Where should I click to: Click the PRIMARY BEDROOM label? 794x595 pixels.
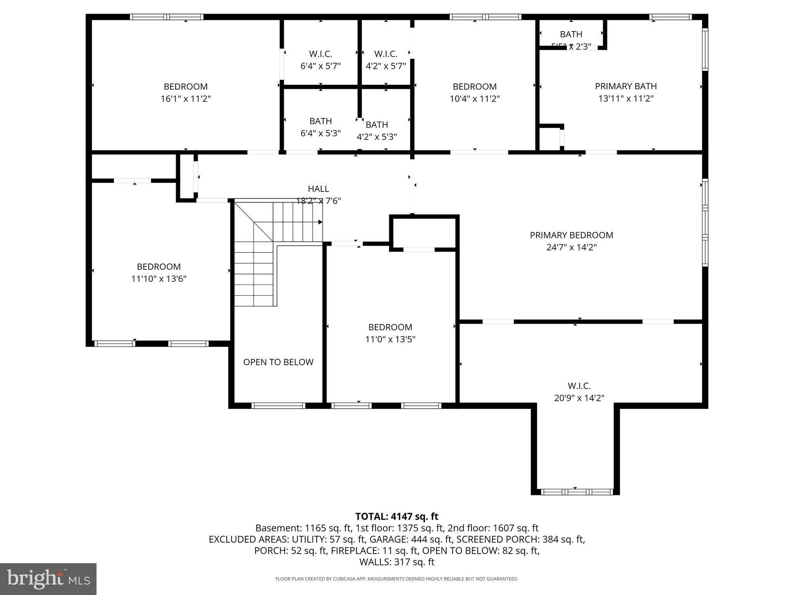pyautogui.click(x=571, y=235)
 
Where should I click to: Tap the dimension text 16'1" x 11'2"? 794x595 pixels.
pyautogui.click(x=186, y=99)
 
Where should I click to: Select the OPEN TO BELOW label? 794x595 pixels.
pyautogui.click(x=278, y=362)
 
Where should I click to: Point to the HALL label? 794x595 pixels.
pyautogui.click(x=318, y=189)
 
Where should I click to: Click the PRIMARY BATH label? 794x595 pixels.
pyautogui.click(x=626, y=86)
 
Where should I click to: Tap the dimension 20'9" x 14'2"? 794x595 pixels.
pyautogui.click(x=579, y=398)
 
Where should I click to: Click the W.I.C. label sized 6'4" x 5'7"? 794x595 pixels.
pyautogui.click(x=320, y=54)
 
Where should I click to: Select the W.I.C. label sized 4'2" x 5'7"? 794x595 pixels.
pyautogui.click(x=385, y=54)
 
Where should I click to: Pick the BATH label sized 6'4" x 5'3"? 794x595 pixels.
pyautogui.click(x=320, y=121)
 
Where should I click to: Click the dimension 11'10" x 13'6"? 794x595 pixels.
pyautogui.click(x=159, y=279)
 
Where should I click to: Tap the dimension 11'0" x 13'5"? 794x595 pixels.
pyautogui.click(x=390, y=339)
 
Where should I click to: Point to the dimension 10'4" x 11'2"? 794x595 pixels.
pyautogui.click(x=475, y=99)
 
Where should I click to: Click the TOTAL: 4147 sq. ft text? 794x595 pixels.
pyautogui.click(x=397, y=516)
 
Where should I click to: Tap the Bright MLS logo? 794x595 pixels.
pyautogui.click(x=48, y=579)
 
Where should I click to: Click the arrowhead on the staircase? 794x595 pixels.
pyautogui.click(x=320, y=222)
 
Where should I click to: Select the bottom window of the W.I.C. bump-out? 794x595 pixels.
pyautogui.click(x=577, y=492)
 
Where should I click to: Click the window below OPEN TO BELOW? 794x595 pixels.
pyautogui.click(x=278, y=406)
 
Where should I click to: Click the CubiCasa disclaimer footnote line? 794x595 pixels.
pyautogui.click(x=397, y=579)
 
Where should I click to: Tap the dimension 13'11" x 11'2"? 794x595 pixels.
pyautogui.click(x=626, y=98)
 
